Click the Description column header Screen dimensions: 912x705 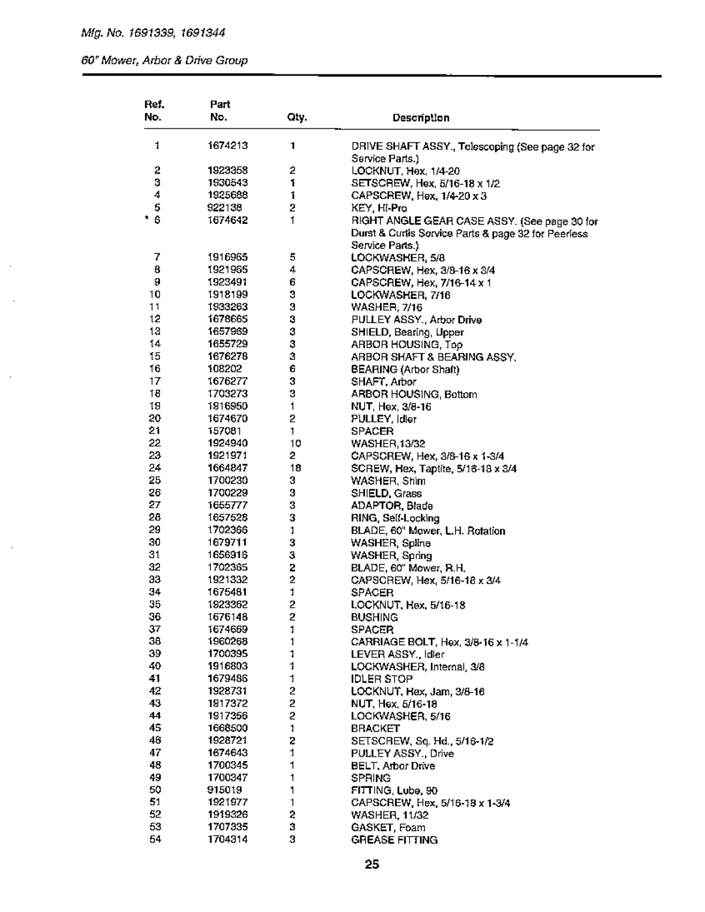[420, 118]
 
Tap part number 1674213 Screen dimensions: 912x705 [224, 146]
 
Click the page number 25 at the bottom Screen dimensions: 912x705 [371, 866]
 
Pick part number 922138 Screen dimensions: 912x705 [219, 208]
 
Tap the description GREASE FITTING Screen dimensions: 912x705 [394, 840]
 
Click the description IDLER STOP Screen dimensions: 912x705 [382, 679]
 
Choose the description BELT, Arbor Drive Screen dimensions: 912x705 [393, 766]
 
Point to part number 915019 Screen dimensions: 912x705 [219, 790]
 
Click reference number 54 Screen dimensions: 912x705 [155, 840]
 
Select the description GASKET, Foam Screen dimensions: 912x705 [388, 827]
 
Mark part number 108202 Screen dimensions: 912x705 [219, 369]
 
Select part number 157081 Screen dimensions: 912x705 [219, 431]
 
